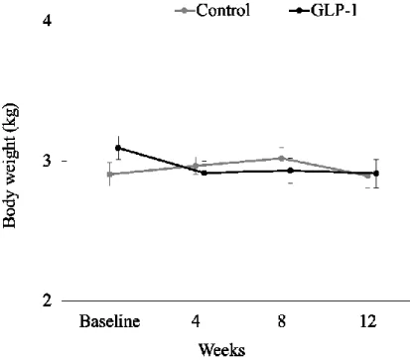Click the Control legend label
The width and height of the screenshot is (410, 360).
223,10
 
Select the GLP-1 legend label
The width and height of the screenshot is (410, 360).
334,10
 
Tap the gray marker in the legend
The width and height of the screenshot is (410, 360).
186,11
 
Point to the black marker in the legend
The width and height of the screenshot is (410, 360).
299,11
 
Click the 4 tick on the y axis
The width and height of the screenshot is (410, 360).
48,21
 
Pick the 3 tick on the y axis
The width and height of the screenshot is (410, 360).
48,161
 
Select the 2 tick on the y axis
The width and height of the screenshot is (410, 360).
48,300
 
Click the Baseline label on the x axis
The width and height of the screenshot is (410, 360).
109,321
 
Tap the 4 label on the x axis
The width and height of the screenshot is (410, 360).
197,321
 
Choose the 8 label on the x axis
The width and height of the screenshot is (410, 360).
282,321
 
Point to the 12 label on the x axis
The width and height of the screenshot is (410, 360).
367,321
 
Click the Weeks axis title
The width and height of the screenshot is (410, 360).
222,350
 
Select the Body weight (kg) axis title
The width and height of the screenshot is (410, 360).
10,166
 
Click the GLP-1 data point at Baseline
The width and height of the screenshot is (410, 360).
118,148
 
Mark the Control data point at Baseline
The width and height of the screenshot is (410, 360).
110,174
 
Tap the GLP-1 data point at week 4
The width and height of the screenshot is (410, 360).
204,173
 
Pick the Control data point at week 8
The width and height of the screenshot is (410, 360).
282,158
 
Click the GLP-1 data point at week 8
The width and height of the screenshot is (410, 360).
290,171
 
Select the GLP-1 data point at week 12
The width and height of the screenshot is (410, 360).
376,174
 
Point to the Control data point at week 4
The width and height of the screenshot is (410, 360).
196,166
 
